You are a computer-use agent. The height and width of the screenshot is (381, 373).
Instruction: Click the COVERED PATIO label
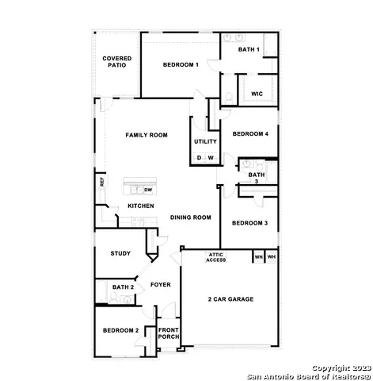point(116,62)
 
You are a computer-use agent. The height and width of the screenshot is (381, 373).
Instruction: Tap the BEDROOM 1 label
point(181,64)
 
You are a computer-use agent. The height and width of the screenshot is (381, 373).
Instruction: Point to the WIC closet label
point(257,94)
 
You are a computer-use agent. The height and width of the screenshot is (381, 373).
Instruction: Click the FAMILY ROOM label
point(147,136)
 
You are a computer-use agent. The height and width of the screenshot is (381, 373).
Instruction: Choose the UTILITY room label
point(205,141)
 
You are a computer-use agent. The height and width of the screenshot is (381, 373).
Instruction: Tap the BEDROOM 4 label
point(250,134)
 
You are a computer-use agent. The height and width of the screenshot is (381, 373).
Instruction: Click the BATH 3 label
point(257,178)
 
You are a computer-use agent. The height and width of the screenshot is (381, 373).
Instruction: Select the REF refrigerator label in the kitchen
point(101,182)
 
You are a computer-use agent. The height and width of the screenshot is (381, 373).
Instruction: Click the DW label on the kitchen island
point(148,190)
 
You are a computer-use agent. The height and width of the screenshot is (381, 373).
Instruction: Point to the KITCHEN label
point(141,206)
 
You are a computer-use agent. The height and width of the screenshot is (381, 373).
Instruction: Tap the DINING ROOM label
point(190,217)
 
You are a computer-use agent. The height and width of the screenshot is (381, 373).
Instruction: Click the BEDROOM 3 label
point(249,223)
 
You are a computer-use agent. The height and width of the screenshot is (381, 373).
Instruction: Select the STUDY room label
point(120,253)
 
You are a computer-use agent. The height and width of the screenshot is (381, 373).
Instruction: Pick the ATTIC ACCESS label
point(216,257)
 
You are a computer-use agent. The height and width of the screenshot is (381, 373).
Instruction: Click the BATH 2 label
point(122,287)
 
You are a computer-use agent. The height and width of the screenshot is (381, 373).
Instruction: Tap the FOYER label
point(161,284)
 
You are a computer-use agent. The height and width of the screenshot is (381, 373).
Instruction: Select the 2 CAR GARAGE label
point(230,299)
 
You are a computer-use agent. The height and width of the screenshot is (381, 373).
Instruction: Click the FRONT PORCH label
point(168,333)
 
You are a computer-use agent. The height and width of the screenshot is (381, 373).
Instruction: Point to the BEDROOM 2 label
point(121,330)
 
